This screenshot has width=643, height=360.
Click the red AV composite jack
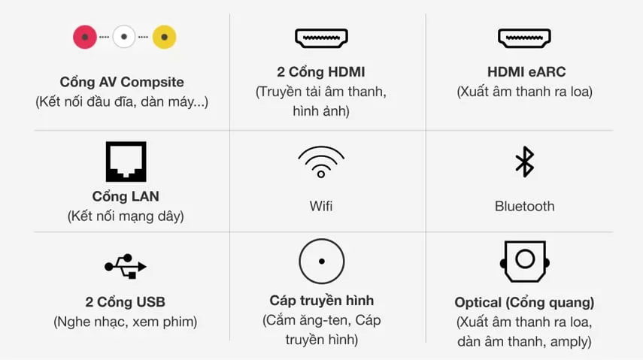coord(85,37)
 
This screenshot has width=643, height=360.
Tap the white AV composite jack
coord(124,37)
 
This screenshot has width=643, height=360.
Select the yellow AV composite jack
coord(165,37)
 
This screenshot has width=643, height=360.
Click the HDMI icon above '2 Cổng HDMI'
coord(322,38)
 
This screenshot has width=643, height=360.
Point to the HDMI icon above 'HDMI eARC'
coord(524,38)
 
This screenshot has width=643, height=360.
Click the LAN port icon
coord(126,162)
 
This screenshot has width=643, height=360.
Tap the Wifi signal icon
coord(321,162)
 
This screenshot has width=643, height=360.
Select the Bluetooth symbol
coord(524,162)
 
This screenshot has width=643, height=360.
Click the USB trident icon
coord(126,267)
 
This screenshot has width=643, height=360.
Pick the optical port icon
coord(525,262)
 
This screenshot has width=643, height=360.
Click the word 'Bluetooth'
coord(524,206)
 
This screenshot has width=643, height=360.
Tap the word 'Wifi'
coord(321,206)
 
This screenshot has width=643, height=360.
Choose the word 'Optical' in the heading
coord(478,303)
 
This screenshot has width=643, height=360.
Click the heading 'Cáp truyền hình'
coord(322,301)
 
